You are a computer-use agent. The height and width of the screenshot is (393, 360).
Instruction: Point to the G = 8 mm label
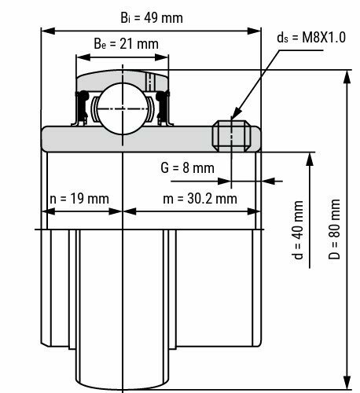click(186, 167)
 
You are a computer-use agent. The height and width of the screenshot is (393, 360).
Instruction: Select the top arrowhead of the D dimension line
click(346, 73)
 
